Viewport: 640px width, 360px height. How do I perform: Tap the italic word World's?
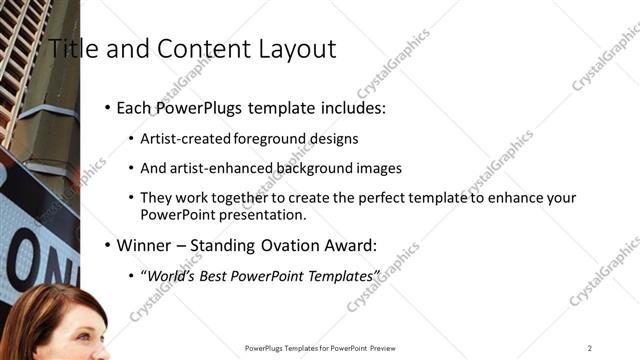[170, 275]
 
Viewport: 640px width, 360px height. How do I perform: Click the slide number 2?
[590, 348]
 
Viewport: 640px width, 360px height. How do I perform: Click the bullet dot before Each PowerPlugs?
[107, 108]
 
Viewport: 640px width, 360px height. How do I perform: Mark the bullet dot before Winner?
[107, 245]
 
